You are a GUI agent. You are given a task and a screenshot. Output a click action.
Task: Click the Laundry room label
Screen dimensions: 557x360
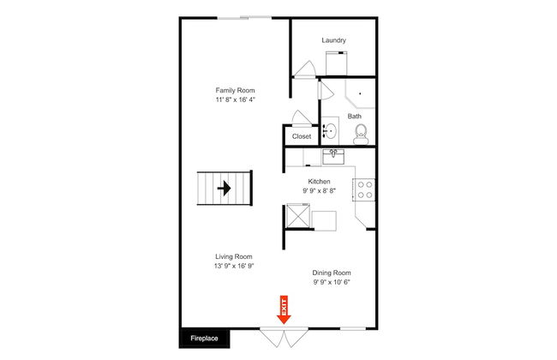333,40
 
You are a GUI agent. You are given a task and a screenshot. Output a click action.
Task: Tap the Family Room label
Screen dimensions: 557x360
235,90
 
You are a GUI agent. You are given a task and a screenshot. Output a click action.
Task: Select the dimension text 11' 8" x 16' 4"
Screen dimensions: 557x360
235,99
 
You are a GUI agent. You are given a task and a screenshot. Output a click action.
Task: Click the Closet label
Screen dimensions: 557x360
302,136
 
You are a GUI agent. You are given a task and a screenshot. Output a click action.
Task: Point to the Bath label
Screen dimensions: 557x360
354,116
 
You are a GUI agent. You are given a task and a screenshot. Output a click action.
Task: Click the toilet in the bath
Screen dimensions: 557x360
361,134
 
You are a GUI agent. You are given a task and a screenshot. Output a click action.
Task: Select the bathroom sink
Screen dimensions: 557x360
330,130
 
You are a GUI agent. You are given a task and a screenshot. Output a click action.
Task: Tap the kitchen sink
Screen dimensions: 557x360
333,156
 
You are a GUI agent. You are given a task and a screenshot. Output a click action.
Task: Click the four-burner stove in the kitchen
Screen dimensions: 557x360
363,189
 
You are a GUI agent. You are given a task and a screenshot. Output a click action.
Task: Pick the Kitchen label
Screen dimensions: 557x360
319,181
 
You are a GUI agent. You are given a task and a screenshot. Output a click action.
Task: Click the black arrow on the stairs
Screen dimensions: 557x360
225,188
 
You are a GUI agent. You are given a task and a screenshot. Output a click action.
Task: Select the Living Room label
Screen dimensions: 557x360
234,256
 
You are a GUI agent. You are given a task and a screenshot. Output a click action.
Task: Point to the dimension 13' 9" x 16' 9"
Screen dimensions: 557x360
234,266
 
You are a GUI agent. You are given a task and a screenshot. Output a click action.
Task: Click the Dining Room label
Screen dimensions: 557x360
332,273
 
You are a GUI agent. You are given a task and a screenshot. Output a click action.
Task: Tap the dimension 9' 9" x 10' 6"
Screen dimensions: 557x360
332,282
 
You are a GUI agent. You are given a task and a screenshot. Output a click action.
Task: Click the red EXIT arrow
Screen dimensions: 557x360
284,309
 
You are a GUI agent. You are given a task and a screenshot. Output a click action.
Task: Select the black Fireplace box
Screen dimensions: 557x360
204,339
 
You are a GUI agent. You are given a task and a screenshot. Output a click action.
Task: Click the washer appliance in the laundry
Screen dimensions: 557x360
337,63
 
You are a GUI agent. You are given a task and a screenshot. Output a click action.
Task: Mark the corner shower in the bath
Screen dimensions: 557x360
360,93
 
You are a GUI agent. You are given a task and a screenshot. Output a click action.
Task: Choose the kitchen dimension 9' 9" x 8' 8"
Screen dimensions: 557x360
319,190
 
